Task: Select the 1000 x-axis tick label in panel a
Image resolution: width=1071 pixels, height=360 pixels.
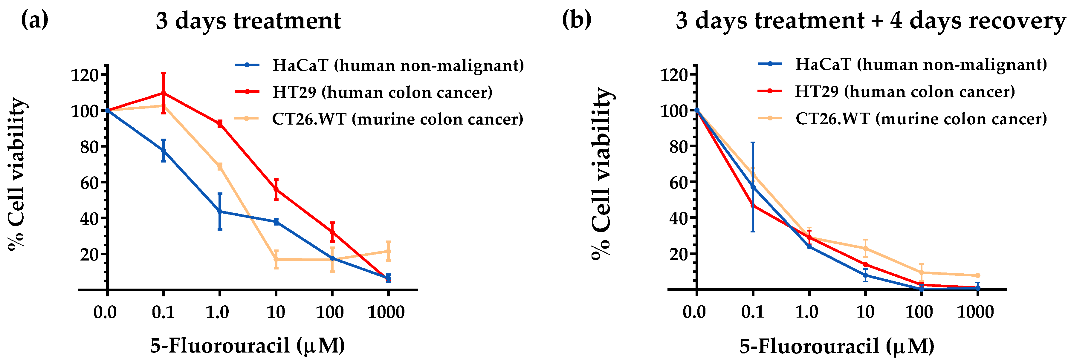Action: [386, 312]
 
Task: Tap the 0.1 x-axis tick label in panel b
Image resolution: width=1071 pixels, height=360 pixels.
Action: [753, 312]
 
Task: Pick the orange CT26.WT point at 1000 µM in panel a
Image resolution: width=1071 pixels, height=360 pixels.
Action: [388, 251]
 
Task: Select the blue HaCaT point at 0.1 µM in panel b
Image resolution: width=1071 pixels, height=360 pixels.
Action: [753, 187]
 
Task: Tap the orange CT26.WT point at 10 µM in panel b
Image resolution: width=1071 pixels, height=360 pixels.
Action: [865, 249]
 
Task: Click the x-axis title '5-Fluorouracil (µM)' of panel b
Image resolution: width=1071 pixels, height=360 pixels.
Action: [837, 346]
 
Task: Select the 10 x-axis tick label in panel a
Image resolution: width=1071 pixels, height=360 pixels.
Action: [276, 312]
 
